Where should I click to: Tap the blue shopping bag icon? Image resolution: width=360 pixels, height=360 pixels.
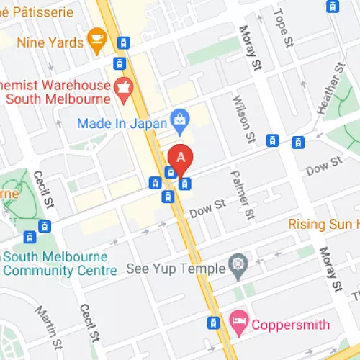pyautogui.click(x=177, y=118)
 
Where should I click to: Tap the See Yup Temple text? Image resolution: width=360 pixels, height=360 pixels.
pyautogui.click(x=174, y=269)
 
